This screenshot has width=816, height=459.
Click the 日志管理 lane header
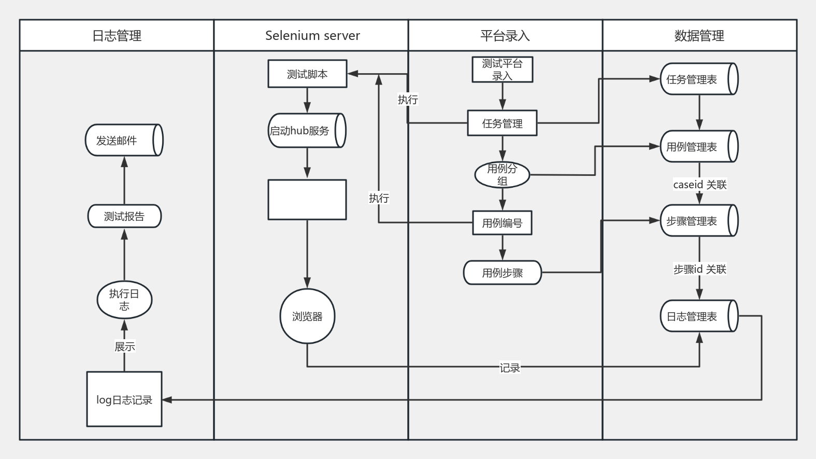[x=117, y=35]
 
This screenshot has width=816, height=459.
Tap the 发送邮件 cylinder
[x=124, y=140]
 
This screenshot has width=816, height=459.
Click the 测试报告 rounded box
[x=124, y=216]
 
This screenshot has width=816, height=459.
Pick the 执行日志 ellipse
[x=124, y=300]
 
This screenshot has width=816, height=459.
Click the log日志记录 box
[x=124, y=399]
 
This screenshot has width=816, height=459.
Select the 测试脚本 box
[x=307, y=74]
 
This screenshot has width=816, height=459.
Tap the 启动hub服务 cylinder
[x=307, y=130]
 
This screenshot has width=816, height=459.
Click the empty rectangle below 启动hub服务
[x=307, y=200]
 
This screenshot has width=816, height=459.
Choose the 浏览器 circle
[x=307, y=316]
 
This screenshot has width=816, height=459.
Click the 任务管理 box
[x=503, y=123]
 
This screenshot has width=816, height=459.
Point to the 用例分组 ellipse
[x=503, y=175]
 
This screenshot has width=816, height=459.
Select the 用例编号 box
[x=503, y=222]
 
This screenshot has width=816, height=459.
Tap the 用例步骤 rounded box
[x=503, y=272]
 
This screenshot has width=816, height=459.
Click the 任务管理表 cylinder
[x=699, y=79]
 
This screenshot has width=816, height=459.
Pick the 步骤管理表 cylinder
[x=699, y=220]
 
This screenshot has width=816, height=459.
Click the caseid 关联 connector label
[x=700, y=185]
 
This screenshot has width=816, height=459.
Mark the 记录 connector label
[x=510, y=368]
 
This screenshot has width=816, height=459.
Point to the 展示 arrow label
[x=124, y=346]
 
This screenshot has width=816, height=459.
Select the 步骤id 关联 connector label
[x=700, y=269]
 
